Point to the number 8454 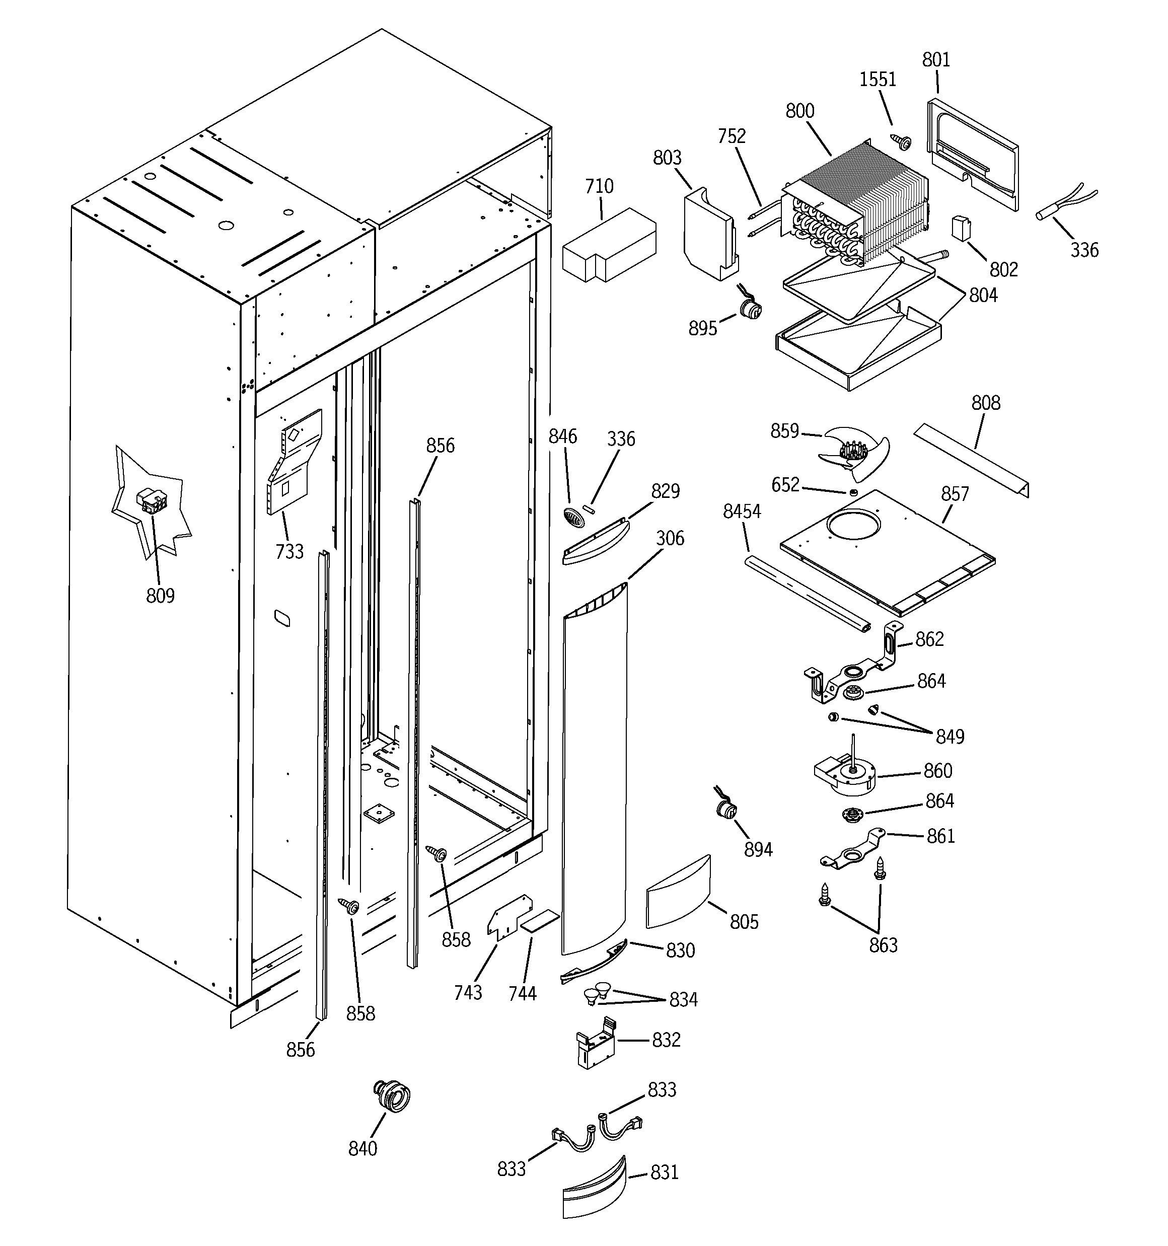pyautogui.click(x=742, y=511)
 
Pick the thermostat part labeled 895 pyautogui.click(x=750, y=309)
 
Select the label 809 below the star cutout pyautogui.click(x=160, y=596)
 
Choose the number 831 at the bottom pyautogui.click(x=665, y=1172)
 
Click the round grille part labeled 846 pyautogui.click(x=573, y=518)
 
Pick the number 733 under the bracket pyautogui.click(x=289, y=552)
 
